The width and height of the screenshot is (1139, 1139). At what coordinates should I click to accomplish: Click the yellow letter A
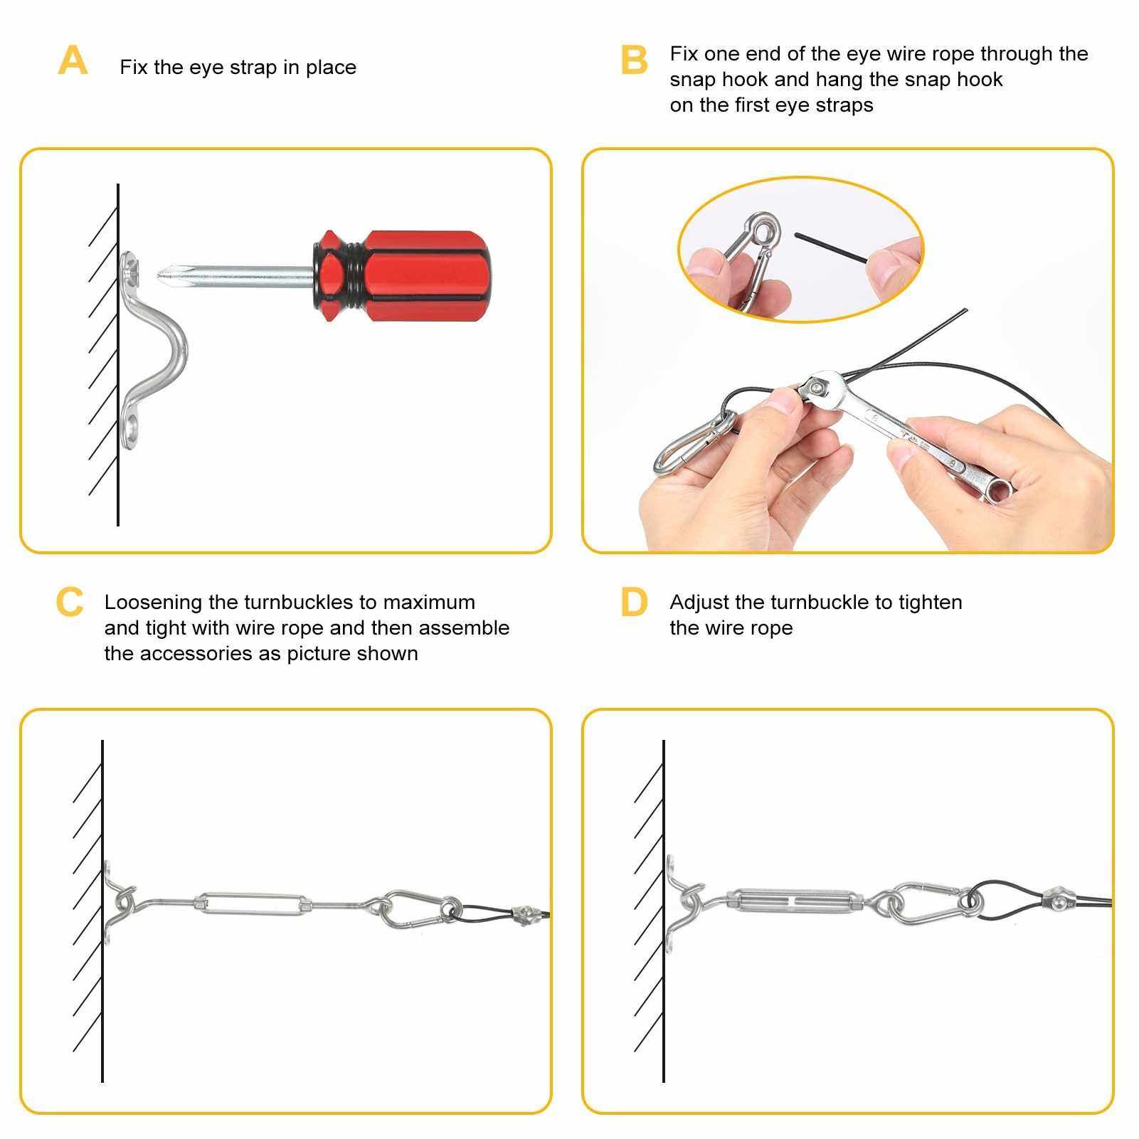(73, 60)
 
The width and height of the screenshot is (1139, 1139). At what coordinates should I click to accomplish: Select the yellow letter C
(70, 602)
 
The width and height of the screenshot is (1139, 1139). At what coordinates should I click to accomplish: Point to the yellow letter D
(634, 602)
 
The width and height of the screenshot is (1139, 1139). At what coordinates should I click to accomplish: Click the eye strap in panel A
(152, 346)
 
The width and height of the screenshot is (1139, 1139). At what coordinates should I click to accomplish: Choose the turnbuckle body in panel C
(253, 904)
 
